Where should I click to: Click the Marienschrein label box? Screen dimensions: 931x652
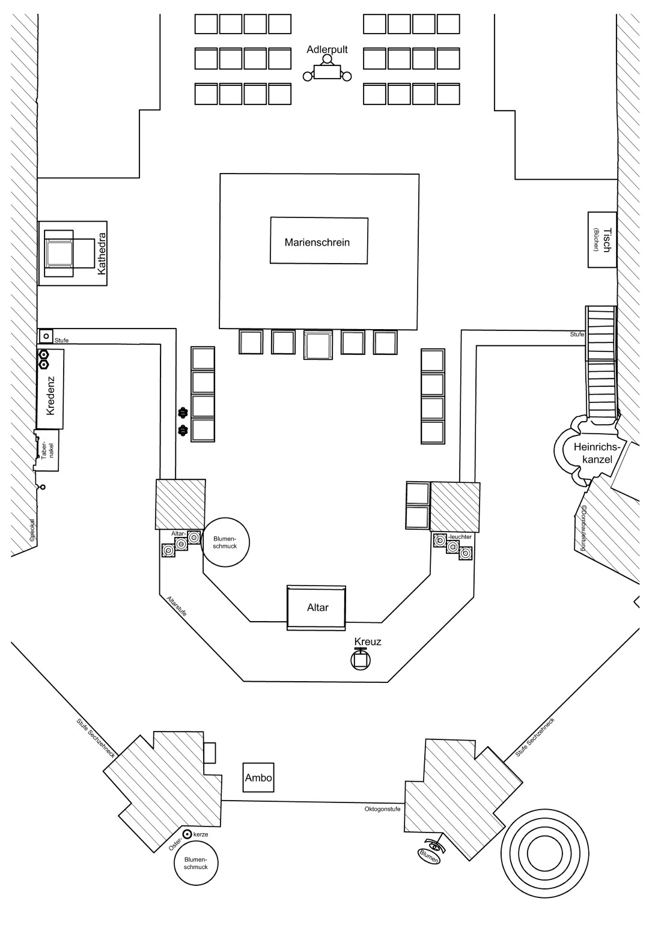tap(318, 240)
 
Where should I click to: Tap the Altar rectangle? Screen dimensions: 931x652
tap(317, 607)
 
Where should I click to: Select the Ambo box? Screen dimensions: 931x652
tap(258, 778)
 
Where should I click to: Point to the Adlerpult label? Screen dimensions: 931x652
tap(327, 50)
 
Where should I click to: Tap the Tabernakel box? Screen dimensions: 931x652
tap(47, 450)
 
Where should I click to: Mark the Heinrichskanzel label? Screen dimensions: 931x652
tap(593, 453)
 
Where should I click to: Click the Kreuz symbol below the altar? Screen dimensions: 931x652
tap(361, 659)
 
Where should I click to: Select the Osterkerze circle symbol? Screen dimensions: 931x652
tap(187, 834)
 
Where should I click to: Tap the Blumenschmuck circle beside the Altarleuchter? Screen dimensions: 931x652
tap(225, 542)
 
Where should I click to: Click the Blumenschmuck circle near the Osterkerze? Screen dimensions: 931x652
tap(195, 863)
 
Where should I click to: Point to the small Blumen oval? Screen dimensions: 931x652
tap(428, 855)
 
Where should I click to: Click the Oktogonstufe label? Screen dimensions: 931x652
tap(382, 808)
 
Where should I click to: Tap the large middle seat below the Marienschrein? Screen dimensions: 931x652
tap(318, 345)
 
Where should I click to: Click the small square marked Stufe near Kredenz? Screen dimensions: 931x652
tap(46, 336)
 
